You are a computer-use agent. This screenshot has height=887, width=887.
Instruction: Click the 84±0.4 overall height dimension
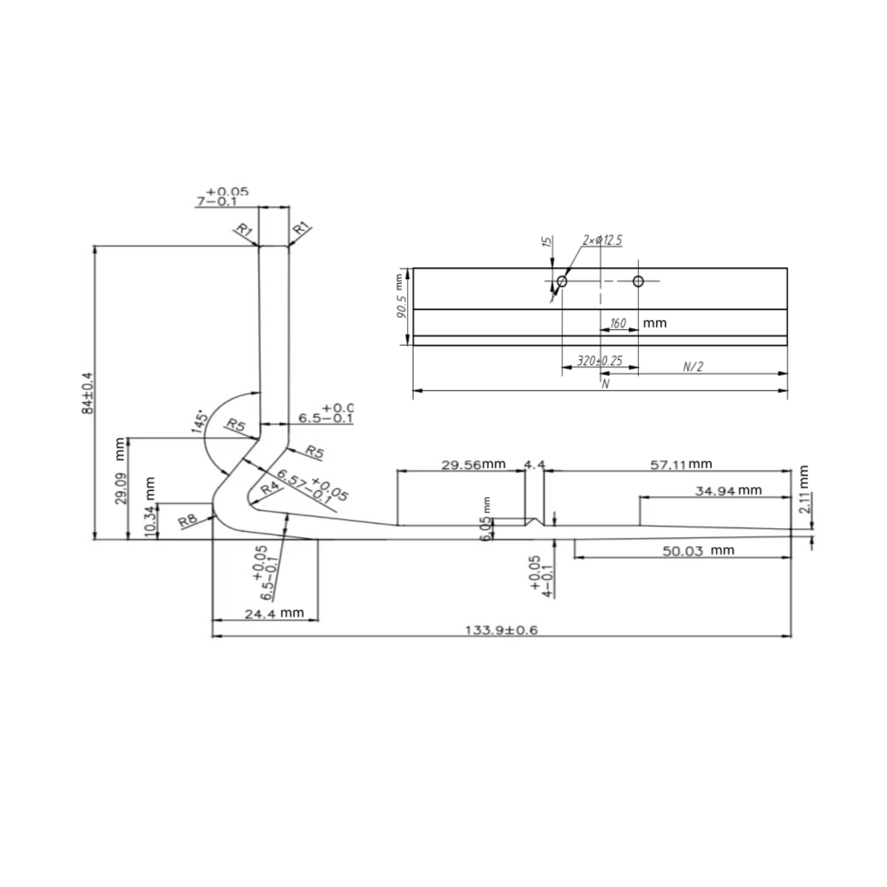click(x=87, y=393)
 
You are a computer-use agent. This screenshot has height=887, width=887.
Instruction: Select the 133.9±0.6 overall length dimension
click(x=501, y=630)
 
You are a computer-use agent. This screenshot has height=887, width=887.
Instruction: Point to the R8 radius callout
click(x=188, y=521)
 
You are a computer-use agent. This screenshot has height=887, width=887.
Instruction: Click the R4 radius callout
click(x=270, y=489)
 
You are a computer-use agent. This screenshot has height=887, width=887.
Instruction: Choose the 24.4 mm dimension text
click(x=274, y=613)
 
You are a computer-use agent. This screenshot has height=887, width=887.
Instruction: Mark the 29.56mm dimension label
click(x=473, y=464)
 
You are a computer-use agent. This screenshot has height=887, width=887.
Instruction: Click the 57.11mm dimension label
click(x=680, y=464)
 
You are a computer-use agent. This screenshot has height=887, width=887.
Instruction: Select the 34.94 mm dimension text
click(x=728, y=490)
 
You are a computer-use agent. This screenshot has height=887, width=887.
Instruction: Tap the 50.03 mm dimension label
click(x=698, y=551)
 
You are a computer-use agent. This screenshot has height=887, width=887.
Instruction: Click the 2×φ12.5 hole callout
click(x=602, y=240)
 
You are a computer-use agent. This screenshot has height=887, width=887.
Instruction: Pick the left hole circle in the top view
click(x=562, y=281)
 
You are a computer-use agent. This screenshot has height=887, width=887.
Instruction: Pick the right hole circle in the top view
click(x=638, y=281)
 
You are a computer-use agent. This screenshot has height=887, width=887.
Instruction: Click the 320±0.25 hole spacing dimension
click(x=599, y=361)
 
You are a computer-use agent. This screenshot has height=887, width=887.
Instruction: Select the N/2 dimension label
click(x=693, y=366)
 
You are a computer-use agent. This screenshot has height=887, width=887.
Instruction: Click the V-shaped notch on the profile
click(x=535, y=522)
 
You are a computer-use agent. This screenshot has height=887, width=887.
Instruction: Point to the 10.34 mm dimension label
click(x=150, y=507)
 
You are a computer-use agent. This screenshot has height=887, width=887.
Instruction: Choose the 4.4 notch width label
click(x=534, y=464)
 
